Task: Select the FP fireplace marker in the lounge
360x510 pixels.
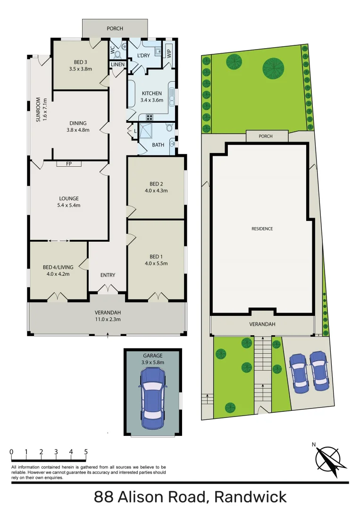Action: pyautogui.click(x=69, y=164)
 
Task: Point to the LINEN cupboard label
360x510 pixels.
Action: pyautogui.click(x=118, y=64)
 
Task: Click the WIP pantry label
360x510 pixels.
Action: pyautogui.click(x=168, y=53)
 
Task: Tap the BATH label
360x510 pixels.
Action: pyautogui.click(x=158, y=145)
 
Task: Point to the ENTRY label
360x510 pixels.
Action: pyautogui.click(x=108, y=275)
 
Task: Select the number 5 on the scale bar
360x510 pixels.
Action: pyautogui.click(x=86, y=452)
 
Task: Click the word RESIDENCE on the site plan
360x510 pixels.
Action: pyautogui.click(x=262, y=229)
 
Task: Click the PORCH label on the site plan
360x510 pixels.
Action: pyautogui.click(x=267, y=136)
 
